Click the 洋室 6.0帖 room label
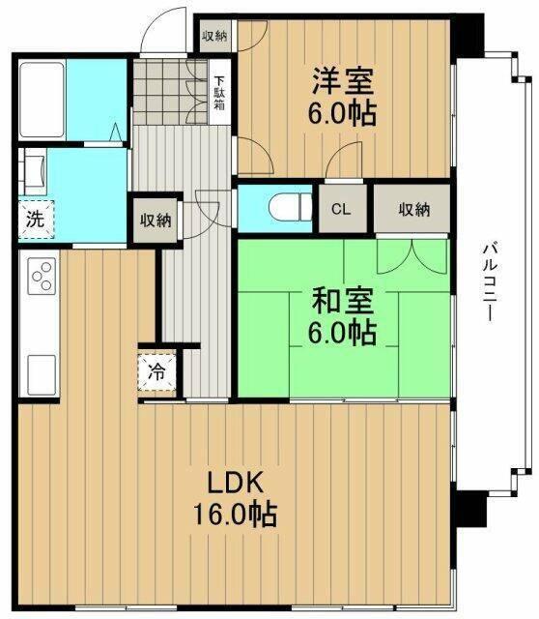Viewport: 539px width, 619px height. pos(343,95)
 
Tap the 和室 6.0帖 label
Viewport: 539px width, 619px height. pos(343,317)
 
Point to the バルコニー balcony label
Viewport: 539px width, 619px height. pos(492,286)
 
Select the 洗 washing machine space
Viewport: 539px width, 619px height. pos(36,218)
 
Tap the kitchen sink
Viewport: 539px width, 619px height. pos(42,371)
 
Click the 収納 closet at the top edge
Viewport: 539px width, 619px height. pos(214,36)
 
